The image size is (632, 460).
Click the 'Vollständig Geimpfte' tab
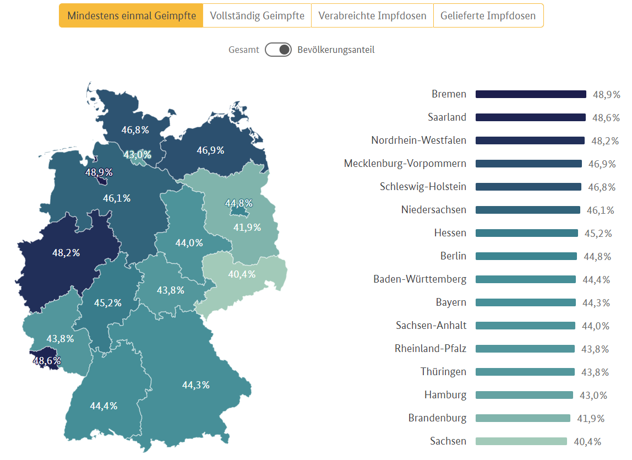click(257, 16)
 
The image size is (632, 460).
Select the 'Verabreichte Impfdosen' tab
click(372, 16)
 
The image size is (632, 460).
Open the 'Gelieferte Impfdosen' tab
click(488, 16)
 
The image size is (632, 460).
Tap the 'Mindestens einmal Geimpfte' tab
click(131, 16)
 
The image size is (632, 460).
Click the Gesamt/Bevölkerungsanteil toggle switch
click(278, 50)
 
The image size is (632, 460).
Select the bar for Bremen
click(531, 94)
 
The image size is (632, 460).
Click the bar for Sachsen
click(521, 441)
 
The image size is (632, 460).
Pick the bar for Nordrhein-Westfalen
click(530, 140)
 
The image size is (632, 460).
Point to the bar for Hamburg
click(525, 395)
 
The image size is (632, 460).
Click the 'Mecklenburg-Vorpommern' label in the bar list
click(405, 164)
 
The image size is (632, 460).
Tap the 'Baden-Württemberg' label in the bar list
click(419, 279)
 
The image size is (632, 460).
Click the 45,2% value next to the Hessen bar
click(598, 234)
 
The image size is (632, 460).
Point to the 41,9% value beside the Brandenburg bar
click(591, 419)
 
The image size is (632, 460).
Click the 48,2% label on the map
click(66, 253)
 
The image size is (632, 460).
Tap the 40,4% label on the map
click(242, 274)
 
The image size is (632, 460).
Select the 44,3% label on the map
click(196, 385)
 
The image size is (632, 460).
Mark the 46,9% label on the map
click(210, 150)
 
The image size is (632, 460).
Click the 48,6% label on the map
click(47, 361)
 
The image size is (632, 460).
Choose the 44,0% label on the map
click(189, 243)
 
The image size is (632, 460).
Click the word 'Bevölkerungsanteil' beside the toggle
click(336, 50)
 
